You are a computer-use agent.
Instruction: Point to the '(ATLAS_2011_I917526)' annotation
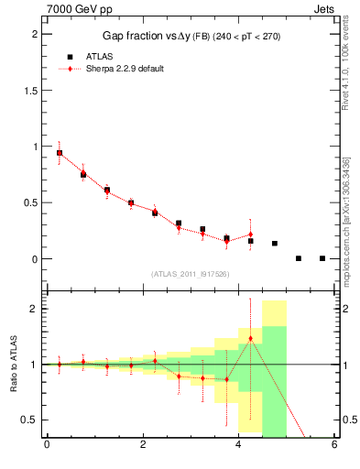pos(191,274)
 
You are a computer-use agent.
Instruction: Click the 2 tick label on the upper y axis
pos(35,34)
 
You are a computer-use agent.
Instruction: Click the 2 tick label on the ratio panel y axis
pos(35,309)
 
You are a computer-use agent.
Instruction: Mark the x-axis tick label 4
pos(238,446)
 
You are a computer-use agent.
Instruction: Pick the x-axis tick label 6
pos(334,446)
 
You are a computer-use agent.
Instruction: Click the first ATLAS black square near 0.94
pos(60,153)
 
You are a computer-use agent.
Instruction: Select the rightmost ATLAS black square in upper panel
pos(322,258)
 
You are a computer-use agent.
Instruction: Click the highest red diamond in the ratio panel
pos(250,339)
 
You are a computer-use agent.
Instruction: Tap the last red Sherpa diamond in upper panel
pos(250,234)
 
